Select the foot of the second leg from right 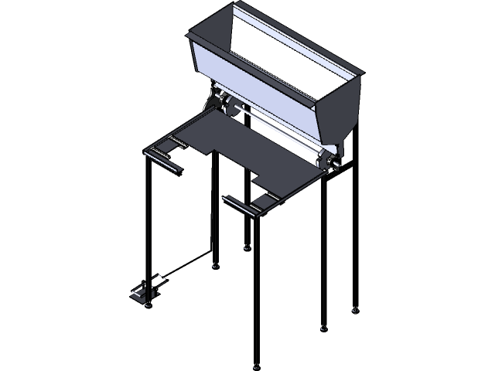pos(323,328)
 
